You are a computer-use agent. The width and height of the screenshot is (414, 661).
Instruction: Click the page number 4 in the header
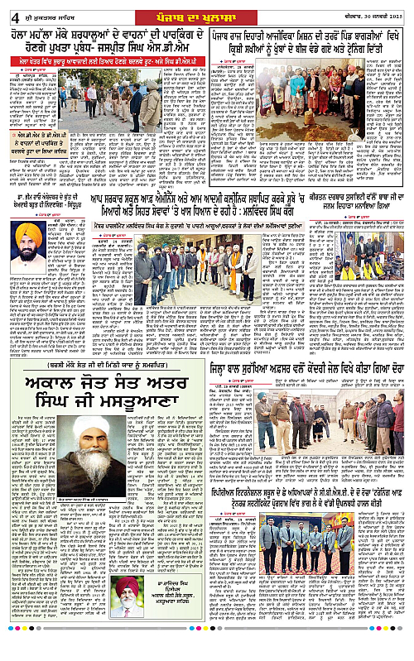coord(8,9)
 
